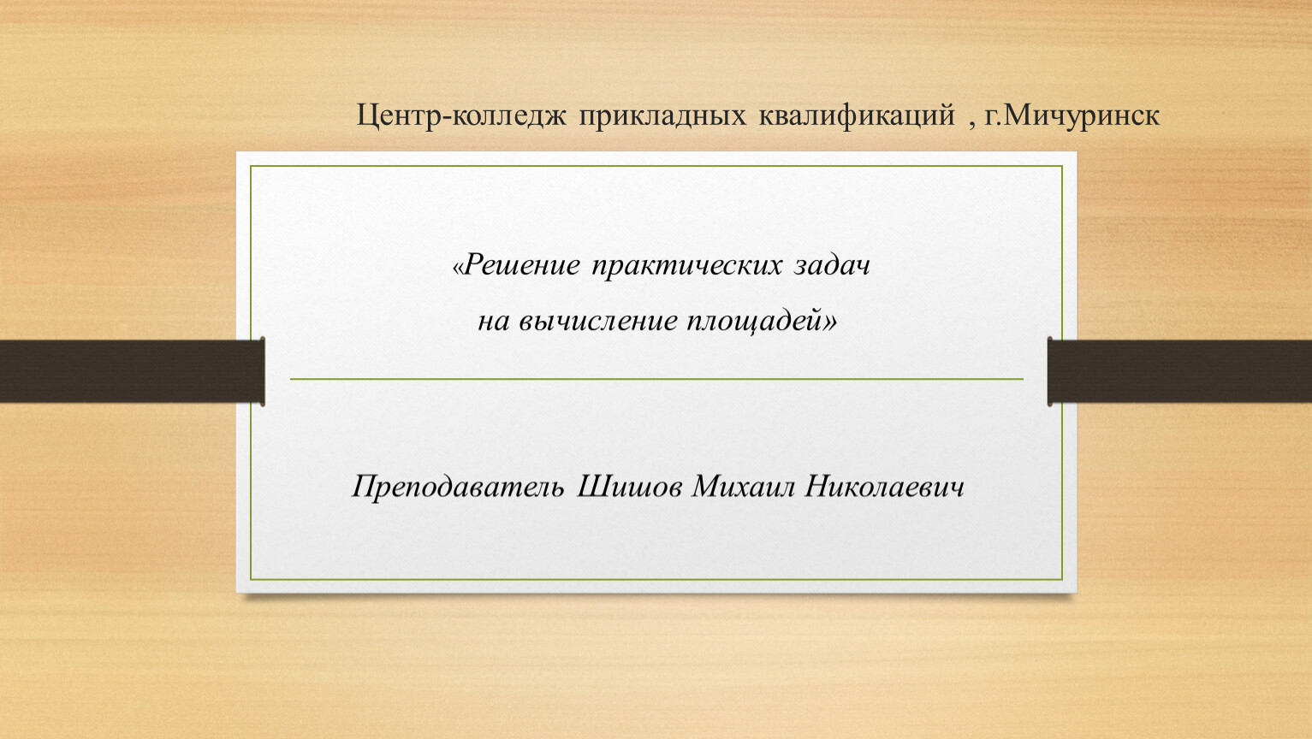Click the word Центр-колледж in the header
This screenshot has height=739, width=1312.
[461, 115]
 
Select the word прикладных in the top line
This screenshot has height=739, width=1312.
[662, 115]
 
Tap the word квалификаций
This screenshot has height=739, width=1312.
[858, 115]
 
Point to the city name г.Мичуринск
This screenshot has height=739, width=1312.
[1072, 115]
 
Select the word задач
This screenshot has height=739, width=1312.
[832, 265]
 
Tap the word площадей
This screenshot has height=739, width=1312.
[756, 321]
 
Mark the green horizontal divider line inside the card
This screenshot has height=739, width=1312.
[656, 379]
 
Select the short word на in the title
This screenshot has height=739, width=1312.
[493, 323]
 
